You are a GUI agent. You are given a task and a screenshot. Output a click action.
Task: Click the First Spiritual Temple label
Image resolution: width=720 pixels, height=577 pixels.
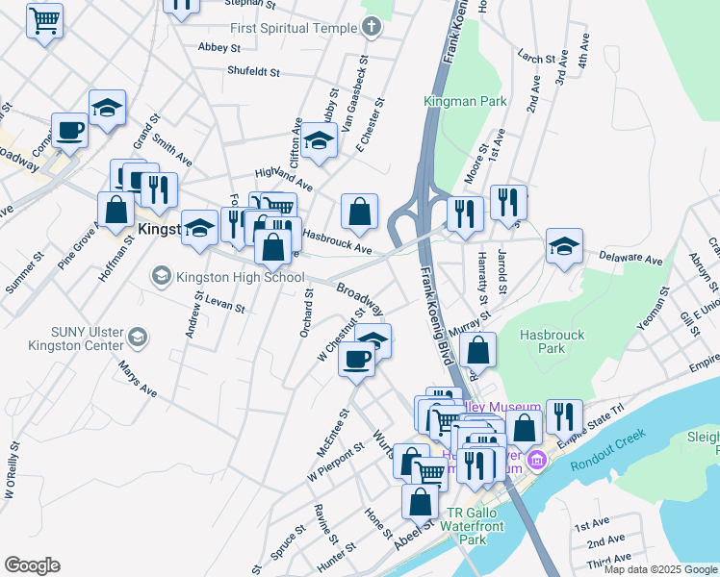click(293, 28)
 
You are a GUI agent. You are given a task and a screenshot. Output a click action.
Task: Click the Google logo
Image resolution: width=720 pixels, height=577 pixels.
click(32, 565)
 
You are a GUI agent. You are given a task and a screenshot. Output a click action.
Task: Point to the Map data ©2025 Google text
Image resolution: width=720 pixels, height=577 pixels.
click(659, 569)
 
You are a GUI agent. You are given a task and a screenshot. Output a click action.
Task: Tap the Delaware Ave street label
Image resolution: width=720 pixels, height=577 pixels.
click(630, 260)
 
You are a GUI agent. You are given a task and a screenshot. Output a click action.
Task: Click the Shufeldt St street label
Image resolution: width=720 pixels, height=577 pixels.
click(253, 71)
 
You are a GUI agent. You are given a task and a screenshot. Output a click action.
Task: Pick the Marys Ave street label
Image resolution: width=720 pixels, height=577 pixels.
click(136, 378)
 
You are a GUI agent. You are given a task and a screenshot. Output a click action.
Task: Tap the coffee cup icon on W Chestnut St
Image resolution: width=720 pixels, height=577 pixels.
click(357, 360)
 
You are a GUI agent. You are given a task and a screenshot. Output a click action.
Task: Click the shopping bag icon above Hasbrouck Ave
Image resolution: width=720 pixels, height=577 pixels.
click(359, 211)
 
